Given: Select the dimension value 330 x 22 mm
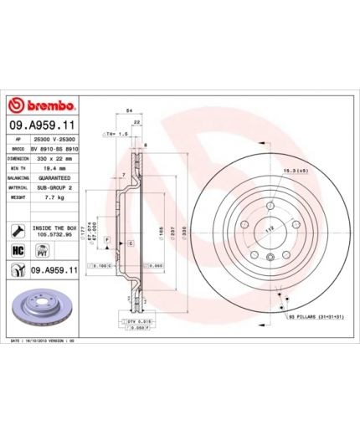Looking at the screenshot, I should point(55,157).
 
